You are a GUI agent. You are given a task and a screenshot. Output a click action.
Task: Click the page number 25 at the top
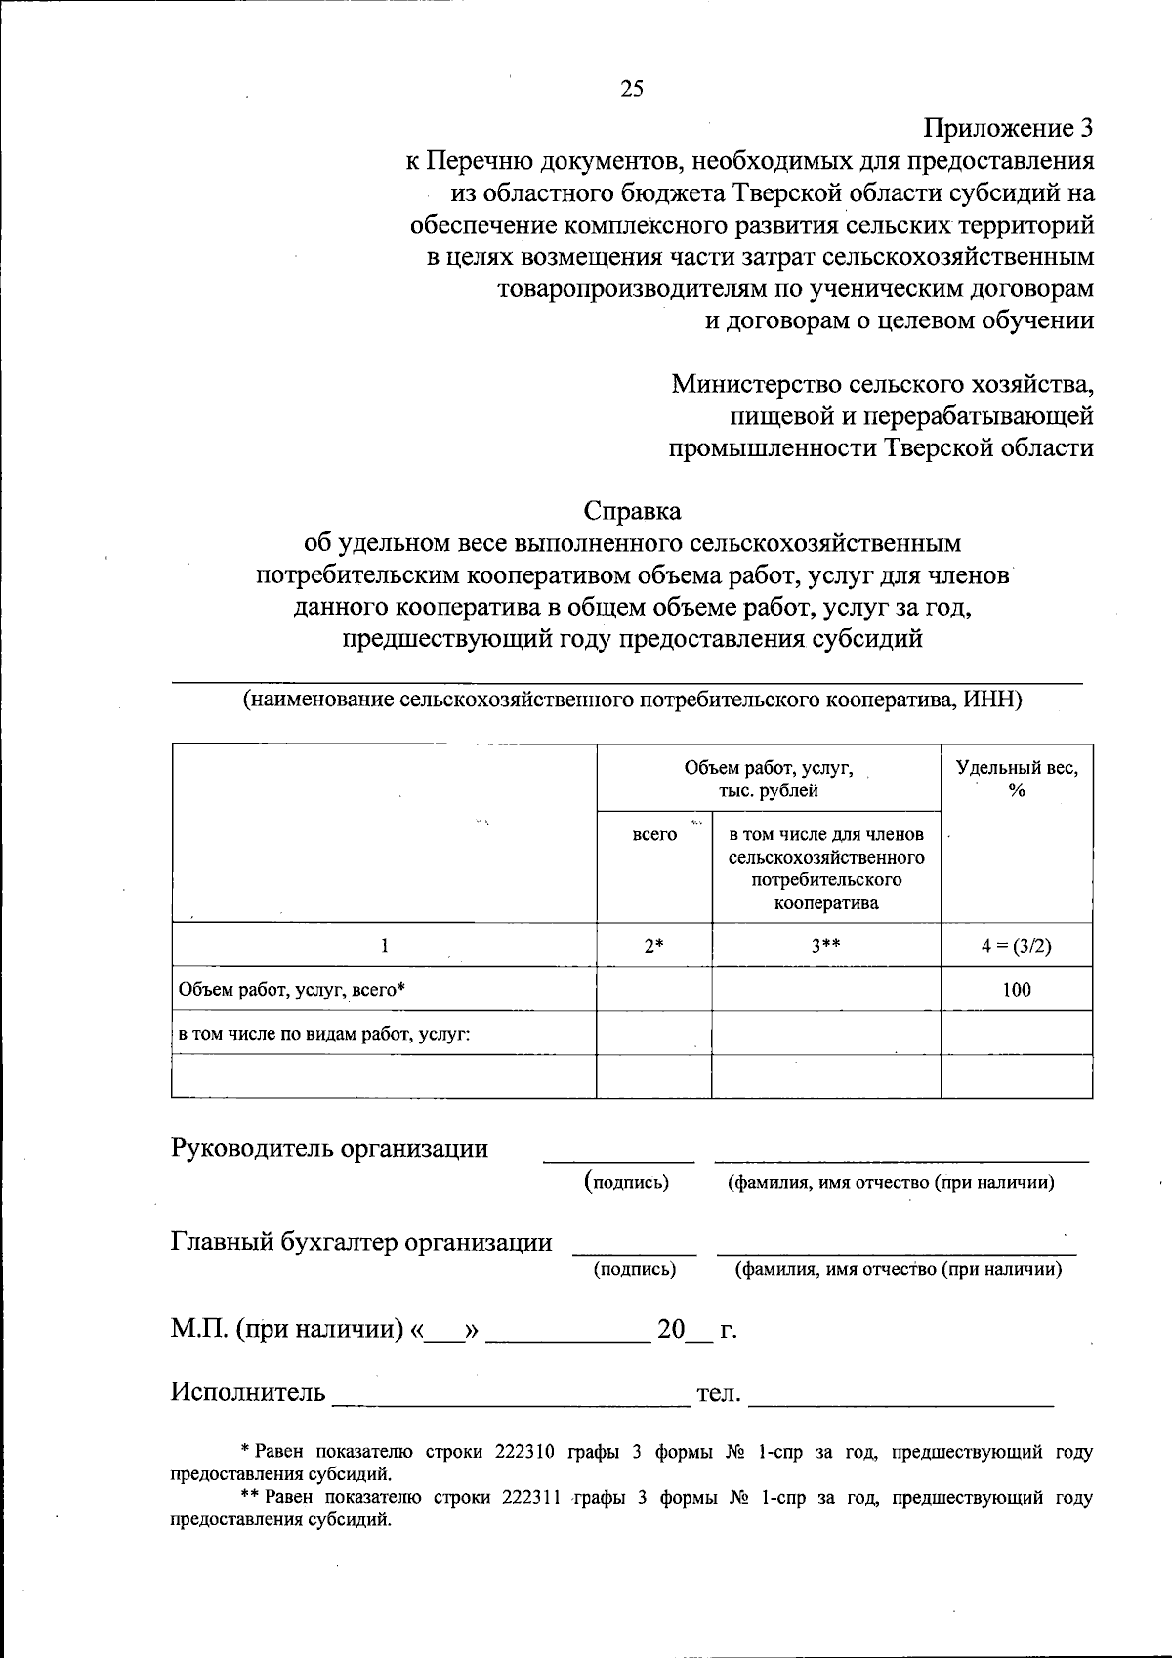point(632,89)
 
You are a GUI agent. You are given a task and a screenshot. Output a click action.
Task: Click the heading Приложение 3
point(1008,129)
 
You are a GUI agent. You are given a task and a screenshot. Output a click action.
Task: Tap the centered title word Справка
point(632,511)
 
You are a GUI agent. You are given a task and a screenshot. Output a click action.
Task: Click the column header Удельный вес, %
point(1016,779)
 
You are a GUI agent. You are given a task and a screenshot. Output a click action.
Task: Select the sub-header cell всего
point(654,835)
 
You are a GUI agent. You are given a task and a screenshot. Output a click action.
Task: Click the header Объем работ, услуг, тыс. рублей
point(768,779)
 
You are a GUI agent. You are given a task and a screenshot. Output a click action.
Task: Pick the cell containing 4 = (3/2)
point(1016,945)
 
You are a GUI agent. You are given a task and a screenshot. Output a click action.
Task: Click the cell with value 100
point(1016,990)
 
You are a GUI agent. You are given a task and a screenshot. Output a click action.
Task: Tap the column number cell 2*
point(653,945)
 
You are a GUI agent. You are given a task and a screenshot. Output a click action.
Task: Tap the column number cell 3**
point(825,945)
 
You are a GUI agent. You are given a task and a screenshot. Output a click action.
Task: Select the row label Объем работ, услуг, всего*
point(291,990)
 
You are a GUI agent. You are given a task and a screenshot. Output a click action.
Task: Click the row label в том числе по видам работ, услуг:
point(323,1034)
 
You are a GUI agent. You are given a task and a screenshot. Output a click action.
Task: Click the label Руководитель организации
point(329,1148)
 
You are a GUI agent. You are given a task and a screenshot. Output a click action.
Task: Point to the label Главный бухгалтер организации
point(361,1242)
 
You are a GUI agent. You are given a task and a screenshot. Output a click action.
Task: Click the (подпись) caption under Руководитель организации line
point(627,1182)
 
